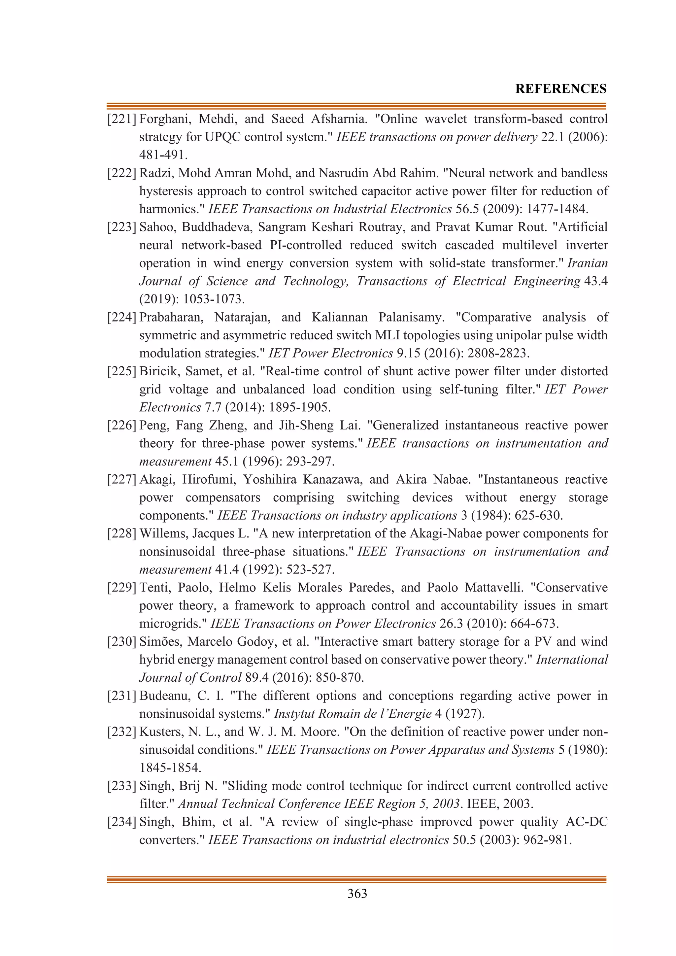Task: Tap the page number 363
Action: coord(357,893)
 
